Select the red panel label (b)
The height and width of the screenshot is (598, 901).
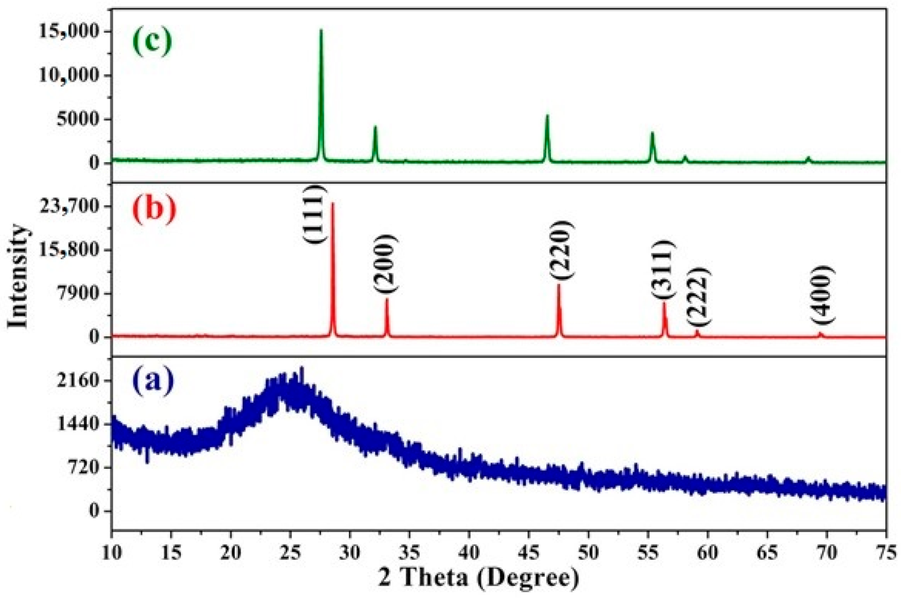point(154,210)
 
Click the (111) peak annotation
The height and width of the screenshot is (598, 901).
point(315,214)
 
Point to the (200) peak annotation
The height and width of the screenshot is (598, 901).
point(385,264)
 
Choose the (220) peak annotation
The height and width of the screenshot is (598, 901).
point(562,249)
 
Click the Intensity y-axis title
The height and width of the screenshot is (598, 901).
point(18,276)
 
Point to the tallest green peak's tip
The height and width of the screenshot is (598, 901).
point(321,30)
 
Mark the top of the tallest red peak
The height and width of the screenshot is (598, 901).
point(332,203)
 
